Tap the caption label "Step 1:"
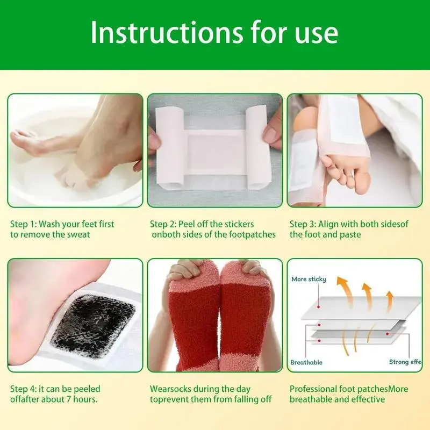(23, 224)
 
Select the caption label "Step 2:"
(163, 224)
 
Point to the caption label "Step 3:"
(303, 224)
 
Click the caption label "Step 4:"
(23, 389)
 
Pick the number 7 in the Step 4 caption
(69, 399)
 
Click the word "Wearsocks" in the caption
(170, 389)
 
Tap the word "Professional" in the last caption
(313, 389)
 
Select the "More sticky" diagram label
(309, 279)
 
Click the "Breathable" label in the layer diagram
(306, 362)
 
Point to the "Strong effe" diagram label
(405, 362)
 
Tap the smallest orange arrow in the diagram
(389, 302)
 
